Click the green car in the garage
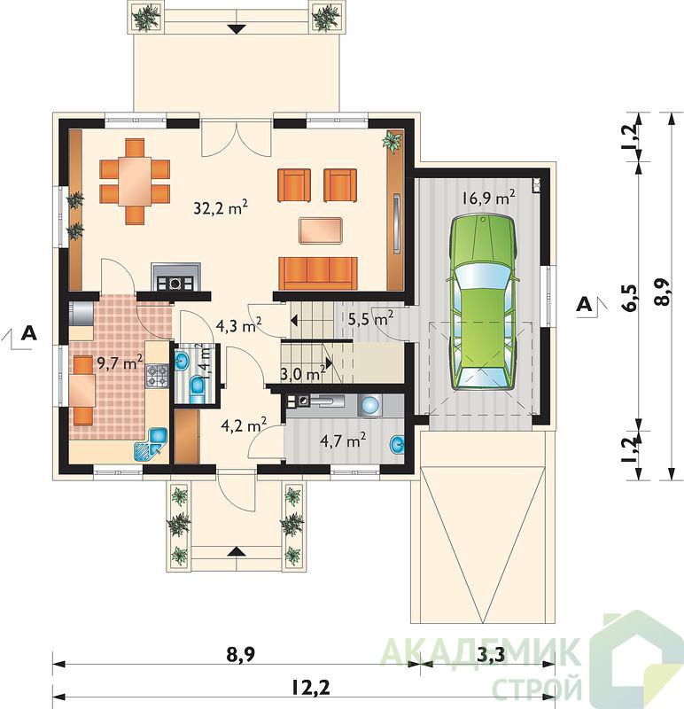(482, 302)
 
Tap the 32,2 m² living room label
(221, 207)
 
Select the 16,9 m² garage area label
(489, 198)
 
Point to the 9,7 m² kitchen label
(120, 362)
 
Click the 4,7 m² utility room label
(343, 440)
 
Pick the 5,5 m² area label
(370, 319)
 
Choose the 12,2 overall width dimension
(310, 689)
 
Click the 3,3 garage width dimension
(491, 655)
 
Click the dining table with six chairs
(135, 182)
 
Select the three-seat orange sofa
(318, 273)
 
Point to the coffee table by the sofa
(320, 230)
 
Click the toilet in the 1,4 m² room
(198, 388)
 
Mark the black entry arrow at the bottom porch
(235, 551)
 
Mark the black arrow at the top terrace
(237, 29)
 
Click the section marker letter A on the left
(30, 333)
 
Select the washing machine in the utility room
(369, 406)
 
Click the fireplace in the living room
(175, 277)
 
